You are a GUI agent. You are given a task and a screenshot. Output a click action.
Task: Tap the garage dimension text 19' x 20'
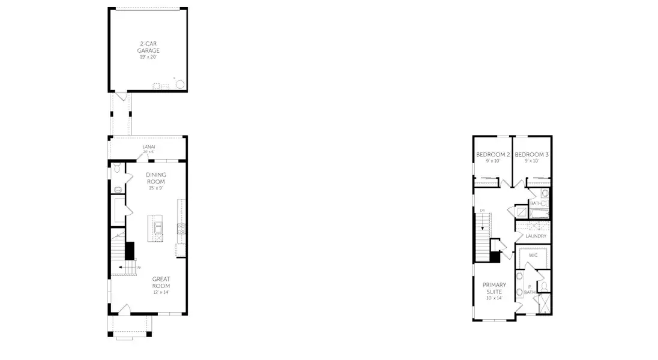pos(148,57)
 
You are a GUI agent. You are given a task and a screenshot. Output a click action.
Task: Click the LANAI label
pos(148,146)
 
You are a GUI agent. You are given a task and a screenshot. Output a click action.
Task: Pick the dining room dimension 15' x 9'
pos(156,188)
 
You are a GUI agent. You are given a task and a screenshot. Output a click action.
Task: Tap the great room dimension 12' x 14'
pos(161,292)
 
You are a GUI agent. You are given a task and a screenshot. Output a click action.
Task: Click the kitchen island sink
pos(158,227)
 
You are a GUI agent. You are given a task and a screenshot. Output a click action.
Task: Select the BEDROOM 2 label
pos(492,155)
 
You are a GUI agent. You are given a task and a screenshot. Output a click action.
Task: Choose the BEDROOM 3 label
pos(531,155)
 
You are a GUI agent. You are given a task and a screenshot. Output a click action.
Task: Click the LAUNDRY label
pos(536,236)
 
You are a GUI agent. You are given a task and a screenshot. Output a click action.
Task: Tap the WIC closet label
pos(533,256)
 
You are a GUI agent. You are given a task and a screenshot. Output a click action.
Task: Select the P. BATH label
pos(529,289)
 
